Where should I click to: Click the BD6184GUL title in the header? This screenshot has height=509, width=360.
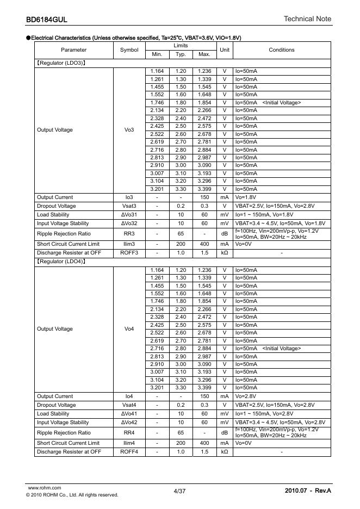coord(46,20)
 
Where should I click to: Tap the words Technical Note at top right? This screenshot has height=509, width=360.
coord(307,19)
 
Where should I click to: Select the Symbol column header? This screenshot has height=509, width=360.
coord(129,50)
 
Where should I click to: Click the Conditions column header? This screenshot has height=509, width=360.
coord(282,50)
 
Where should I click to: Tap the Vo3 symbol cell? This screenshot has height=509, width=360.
coord(129,130)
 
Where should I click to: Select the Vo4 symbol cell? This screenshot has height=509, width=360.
coord(129,329)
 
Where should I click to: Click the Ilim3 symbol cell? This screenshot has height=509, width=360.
coord(129,244)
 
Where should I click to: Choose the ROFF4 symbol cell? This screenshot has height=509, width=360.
coord(129,452)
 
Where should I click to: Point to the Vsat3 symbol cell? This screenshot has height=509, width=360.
coord(129,206)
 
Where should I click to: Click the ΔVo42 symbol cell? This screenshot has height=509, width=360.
coord(129,422)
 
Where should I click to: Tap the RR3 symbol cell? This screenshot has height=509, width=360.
coord(129,234)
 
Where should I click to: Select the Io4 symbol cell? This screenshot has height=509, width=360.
coord(129,396)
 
